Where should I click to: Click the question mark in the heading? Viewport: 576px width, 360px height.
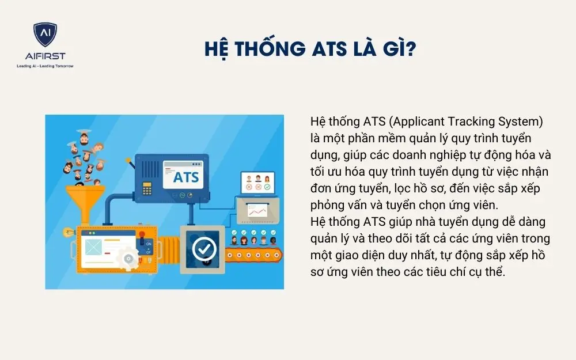coord(410,49)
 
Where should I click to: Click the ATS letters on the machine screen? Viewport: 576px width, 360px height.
coord(186,177)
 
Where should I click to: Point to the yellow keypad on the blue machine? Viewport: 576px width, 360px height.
coord(147,187)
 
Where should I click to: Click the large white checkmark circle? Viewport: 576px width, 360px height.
coord(204,249)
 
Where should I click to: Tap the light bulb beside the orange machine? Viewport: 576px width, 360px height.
coord(67,232)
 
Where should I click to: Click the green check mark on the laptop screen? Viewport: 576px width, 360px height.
coord(267,187)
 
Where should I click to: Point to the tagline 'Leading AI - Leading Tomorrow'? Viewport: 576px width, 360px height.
coord(45,66)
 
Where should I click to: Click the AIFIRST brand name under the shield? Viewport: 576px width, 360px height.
coord(45,56)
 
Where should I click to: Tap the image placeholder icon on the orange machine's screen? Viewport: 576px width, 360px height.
coord(93,247)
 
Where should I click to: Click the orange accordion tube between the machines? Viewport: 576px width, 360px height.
coord(167,247)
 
